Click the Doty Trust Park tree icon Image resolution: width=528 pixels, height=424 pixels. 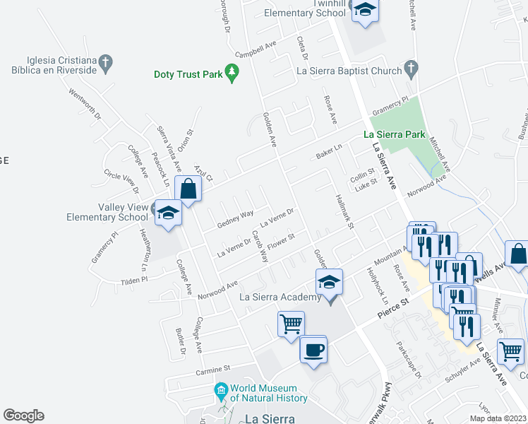(x=232, y=72)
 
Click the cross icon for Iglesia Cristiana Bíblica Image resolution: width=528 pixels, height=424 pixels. (x=105, y=63)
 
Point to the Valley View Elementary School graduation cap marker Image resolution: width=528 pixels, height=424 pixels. (x=168, y=212)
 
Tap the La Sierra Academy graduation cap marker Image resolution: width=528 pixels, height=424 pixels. (x=329, y=282)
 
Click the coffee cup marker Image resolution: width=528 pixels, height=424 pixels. (x=313, y=348)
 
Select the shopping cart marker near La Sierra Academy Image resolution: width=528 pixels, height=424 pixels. (x=291, y=324)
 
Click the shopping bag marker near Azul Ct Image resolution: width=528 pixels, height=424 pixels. (x=188, y=189)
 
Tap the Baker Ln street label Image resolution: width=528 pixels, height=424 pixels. (x=329, y=151)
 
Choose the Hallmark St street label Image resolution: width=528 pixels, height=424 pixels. (x=344, y=211)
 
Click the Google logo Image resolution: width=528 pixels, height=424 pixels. (x=23, y=416)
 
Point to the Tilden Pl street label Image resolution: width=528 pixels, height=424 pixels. (x=133, y=280)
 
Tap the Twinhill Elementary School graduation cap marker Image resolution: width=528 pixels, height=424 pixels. (x=365, y=10)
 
